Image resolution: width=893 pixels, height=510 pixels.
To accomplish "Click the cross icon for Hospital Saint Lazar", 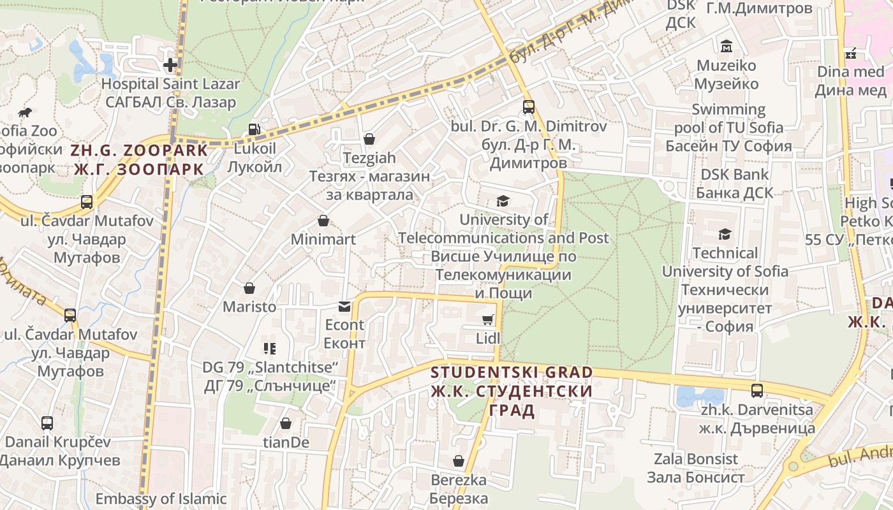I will [170, 64].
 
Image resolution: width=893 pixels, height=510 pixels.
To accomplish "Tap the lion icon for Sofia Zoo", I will [26, 113].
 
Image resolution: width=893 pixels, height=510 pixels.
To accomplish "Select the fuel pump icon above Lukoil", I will [254, 129].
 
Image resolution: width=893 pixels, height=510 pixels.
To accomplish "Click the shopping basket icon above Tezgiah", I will [369, 138].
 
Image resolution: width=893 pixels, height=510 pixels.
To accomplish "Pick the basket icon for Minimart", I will [323, 221].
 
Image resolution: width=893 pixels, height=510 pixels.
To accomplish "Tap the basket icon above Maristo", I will [249, 288].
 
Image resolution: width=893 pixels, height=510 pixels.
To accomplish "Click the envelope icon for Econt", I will [344, 307].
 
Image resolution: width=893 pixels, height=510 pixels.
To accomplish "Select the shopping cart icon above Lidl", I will [488, 319].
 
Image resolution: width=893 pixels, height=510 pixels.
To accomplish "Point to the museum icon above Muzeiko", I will [726, 47].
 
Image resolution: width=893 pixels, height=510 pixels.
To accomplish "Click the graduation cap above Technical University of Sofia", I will [725, 234].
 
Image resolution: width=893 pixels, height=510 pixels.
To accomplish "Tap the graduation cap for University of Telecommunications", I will [503, 201].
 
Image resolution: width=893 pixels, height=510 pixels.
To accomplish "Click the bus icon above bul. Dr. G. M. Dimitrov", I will [528, 106].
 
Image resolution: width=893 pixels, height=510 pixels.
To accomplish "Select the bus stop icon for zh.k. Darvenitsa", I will [756, 390].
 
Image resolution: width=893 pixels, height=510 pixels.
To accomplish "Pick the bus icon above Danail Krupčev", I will [47, 423].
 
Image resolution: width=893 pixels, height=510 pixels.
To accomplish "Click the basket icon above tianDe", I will [286, 423].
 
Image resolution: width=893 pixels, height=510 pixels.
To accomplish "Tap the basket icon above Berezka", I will [458, 460].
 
